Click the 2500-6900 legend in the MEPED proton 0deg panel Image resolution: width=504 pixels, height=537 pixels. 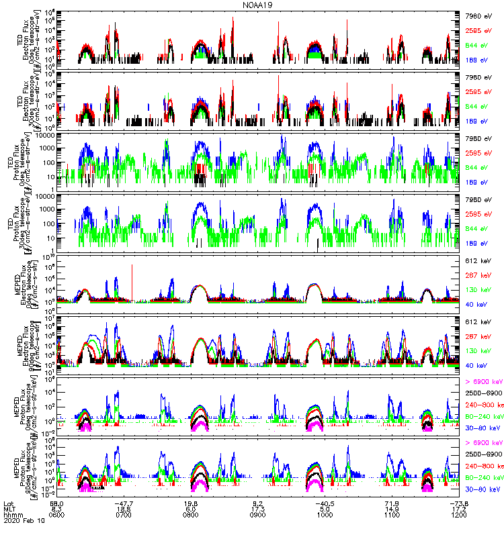point(482,391)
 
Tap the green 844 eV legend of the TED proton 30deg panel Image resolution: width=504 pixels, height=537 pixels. point(476,230)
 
